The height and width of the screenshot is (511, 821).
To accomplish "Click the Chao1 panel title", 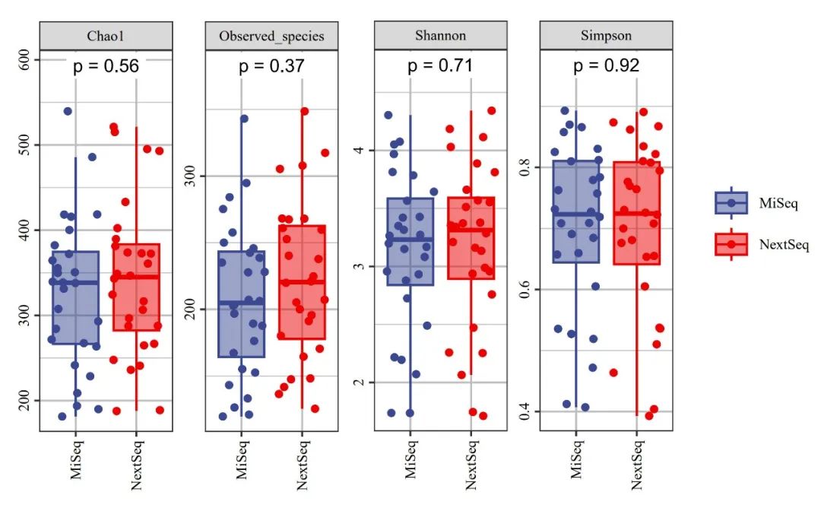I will tap(106, 36).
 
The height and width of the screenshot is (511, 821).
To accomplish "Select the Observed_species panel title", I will tap(271, 36).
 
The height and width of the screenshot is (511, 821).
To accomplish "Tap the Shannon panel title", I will tap(440, 36).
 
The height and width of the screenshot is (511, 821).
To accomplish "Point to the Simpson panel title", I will tap(605, 36).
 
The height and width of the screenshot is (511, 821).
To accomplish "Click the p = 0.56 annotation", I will tap(106, 66).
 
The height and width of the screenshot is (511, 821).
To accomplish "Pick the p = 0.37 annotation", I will tap(271, 66).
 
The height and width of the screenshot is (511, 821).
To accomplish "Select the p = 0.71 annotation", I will tap(440, 66).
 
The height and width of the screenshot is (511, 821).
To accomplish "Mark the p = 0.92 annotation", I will tap(606, 66).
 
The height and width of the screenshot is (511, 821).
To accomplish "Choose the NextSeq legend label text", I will tap(784, 244).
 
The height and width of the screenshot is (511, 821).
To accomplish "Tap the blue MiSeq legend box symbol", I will tap(731, 203).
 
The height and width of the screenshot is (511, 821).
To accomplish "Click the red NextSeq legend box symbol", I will tap(731, 244).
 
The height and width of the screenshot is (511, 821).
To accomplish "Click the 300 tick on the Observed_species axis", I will tap(192, 176).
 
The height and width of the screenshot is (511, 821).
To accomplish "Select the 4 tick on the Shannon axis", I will tap(360, 150).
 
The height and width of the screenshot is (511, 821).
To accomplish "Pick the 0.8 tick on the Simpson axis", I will tap(525, 167).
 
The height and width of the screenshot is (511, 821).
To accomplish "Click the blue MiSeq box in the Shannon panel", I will tap(410, 241).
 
